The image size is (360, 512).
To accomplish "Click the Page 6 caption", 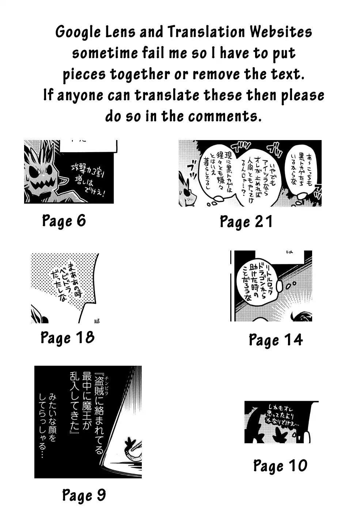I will [64, 221].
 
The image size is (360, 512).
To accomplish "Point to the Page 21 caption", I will [246, 222].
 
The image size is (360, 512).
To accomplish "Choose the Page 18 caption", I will [67, 337].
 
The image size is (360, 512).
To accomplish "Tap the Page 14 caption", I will [276, 340].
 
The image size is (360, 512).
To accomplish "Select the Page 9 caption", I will [84, 495].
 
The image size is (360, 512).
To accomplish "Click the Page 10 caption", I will [280, 466].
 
